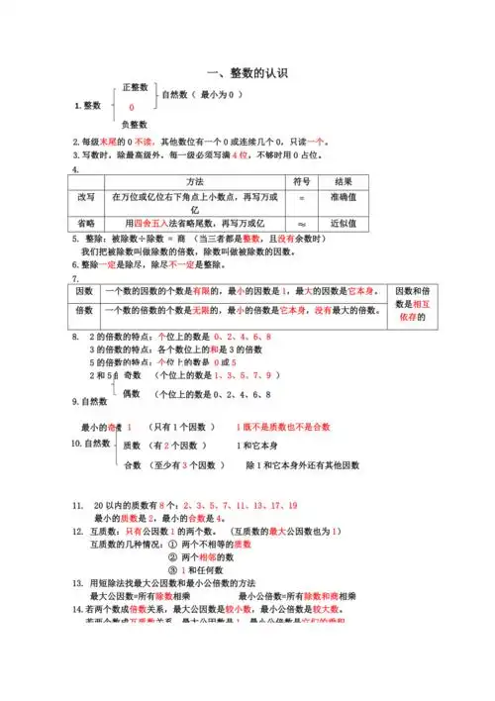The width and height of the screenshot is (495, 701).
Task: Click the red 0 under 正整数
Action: click(x=132, y=107)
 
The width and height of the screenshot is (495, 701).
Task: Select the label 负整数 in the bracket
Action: click(x=135, y=125)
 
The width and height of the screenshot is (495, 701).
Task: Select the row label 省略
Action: click(x=87, y=223)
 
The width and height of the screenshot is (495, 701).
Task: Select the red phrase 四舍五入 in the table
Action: click(x=150, y=223)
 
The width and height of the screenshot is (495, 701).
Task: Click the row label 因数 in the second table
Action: click(x=85, y=291)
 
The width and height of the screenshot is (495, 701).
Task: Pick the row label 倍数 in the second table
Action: click(x=85, y=311)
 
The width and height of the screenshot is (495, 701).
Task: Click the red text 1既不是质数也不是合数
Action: click(x=283, y=427)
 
